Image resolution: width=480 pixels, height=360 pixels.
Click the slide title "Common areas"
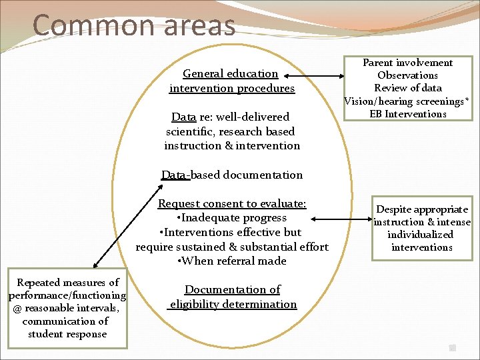pos(133,25)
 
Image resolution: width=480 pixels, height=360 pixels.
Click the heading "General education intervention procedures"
pos(231,81)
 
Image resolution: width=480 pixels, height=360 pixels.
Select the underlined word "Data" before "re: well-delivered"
pos(183,117)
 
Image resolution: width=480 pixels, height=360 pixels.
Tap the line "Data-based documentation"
pos(232,175)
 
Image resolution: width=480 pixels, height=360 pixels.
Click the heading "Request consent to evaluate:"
pos(231,204)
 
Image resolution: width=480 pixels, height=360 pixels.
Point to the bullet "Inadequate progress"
pos(231,218)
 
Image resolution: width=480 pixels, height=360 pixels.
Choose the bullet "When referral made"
pos(231,261)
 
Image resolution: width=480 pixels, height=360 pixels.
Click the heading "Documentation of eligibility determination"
pos(232,297)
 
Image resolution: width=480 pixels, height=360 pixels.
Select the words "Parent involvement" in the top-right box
pos(407,63)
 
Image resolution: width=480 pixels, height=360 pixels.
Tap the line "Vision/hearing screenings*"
pos(407,101)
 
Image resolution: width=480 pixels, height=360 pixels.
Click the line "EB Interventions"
pos(407,114)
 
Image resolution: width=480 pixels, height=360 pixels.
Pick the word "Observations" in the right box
pos(407,75)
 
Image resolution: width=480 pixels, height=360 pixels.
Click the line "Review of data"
pos(407,88)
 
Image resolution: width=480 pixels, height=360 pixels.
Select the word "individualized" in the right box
pos(421,235)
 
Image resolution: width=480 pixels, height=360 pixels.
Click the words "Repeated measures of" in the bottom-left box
pos(67,283)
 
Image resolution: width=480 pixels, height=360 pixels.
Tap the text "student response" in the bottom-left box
pos(67,334)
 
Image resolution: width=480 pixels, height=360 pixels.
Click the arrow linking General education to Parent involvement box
pos(320,81)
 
